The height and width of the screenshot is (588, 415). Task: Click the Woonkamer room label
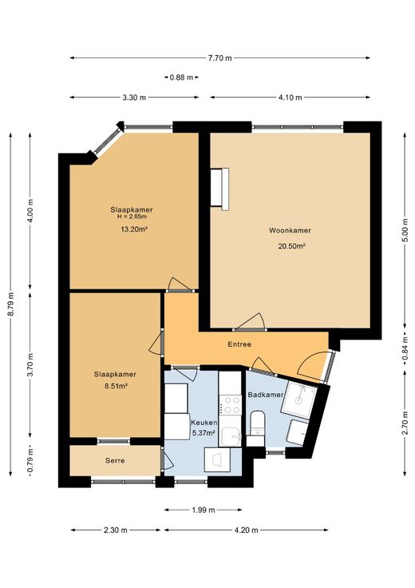[290, 230]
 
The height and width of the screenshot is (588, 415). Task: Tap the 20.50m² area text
[290, 246]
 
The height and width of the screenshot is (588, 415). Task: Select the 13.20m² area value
[133, 229]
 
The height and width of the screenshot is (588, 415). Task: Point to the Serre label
[115, 460]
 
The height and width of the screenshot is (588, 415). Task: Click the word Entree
[239, 344]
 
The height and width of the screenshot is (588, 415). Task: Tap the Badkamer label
[266, 395]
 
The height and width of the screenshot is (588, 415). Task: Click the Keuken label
[204, 423]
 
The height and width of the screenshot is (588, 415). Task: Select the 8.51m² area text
[116, 385]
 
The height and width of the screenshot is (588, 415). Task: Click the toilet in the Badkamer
[257, 428]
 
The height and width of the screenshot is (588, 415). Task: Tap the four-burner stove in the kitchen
[230, 405]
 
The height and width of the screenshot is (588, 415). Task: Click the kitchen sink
[231, 436]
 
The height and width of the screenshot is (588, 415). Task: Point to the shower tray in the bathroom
[299, 399]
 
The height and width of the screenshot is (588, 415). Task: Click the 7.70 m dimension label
[219, 58]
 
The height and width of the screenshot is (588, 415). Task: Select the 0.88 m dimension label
[181, 77]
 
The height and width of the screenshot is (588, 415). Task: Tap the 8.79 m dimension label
[10, 304]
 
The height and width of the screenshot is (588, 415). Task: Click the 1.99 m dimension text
[204, 510]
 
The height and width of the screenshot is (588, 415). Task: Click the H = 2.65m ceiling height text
[132, 217]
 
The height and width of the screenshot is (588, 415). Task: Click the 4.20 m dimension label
[246, 530]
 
